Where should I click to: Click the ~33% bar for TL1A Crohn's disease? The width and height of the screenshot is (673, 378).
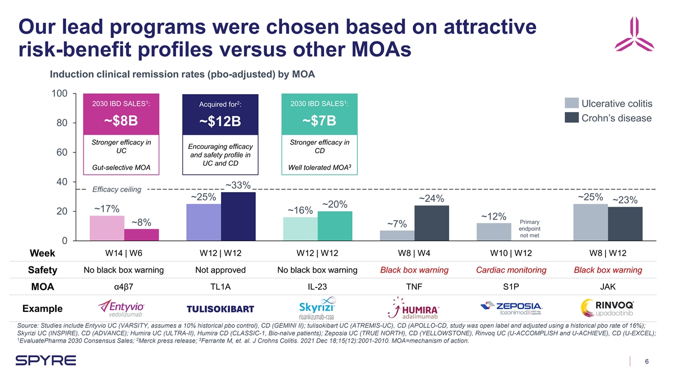coord(238,216)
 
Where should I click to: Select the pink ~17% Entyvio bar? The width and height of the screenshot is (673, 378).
coord(107,228)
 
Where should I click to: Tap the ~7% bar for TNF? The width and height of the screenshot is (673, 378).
coord(397,235)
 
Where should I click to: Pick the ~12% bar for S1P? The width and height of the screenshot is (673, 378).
coord(494,232)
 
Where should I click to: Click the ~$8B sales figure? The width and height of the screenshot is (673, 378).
coord(121,122)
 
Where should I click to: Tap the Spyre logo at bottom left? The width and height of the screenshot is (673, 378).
coord(47,361)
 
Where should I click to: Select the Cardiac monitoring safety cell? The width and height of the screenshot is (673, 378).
coord(511,270)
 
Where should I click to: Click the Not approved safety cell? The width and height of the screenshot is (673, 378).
coord(220,270)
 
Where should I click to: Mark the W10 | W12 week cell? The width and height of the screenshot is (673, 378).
coord(511,253)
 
